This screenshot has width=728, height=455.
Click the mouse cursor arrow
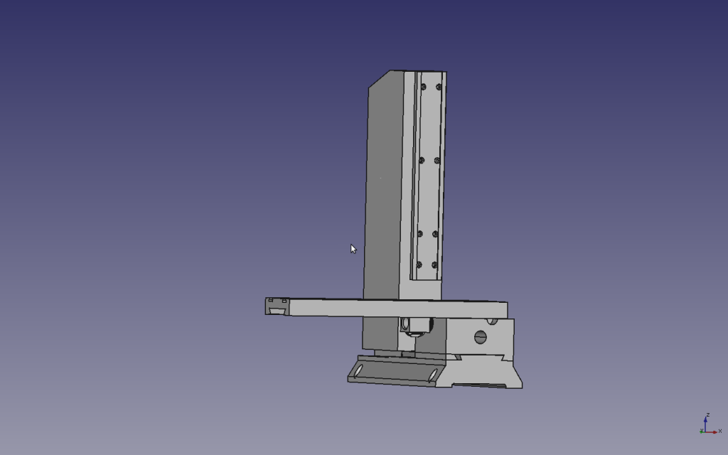(353, 249)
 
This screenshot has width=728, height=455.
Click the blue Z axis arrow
(705, 423)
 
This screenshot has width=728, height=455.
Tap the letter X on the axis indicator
(720, 431)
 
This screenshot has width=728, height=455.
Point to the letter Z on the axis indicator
(707, 414)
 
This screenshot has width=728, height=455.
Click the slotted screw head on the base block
(481, 337)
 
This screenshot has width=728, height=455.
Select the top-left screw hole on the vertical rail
(424, 87)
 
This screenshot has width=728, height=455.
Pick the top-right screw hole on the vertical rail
(439, 87)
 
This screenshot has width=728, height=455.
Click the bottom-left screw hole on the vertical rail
(419, 264)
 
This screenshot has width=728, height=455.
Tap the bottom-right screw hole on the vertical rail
(434, 264)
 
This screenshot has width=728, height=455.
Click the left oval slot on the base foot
(358, 370)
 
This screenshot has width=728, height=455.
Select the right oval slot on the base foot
(432, 375)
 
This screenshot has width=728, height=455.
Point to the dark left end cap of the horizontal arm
(277, 306)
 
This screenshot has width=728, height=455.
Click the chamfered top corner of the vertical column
(380, 79)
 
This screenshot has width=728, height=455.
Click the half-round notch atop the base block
(493, 321)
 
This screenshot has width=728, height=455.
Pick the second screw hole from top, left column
(422, 160)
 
